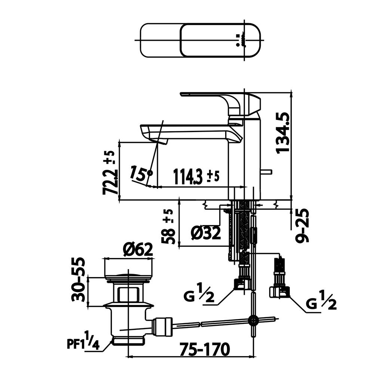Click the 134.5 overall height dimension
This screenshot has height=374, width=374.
[x=283, y=133]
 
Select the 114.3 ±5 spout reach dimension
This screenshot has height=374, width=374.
[x=196, y=177]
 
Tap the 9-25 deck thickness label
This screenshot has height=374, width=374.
[x=302, y=226]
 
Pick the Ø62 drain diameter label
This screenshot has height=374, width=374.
[x=138, y=250]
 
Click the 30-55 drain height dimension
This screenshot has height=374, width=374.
[x=78, y=279]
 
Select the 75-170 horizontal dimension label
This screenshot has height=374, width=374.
[x=205, y=349]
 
